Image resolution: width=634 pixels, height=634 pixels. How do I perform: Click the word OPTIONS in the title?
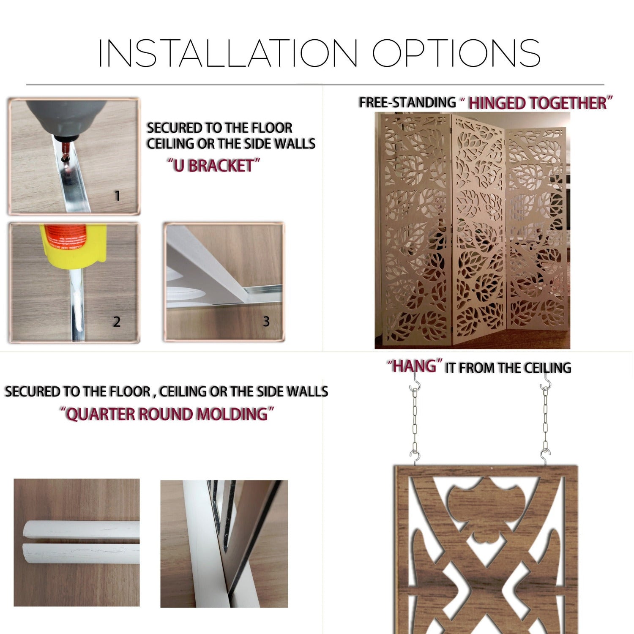point(456,53)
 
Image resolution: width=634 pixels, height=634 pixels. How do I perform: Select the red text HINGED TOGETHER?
point(538,103)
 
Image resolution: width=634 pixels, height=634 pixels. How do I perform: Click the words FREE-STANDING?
point(407,102)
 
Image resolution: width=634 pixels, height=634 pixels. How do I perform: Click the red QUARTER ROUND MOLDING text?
point(167,414)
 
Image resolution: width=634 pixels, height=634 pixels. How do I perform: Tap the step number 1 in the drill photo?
point(117,196)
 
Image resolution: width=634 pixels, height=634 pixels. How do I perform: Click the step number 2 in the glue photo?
point(117,322)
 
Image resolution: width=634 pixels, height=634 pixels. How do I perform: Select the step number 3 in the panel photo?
point(266,322)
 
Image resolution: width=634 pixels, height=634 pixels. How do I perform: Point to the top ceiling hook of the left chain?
point(415,385)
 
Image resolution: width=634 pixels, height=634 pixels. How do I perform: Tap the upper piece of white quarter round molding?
point(80,530)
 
